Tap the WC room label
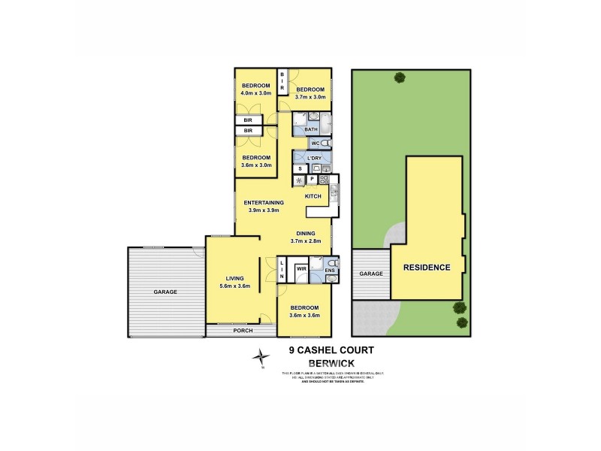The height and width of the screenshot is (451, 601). pos(316,143)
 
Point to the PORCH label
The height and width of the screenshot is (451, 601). pos(243,331)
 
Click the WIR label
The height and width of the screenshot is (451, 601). pos(301,268)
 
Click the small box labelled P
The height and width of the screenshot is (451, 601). pos(311,179)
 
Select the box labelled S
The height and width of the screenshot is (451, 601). pos(299,168)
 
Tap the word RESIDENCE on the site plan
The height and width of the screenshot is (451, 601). pos(427,267)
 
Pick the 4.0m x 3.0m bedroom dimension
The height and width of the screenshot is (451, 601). pos(256,92)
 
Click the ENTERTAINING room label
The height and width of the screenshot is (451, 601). pos(264,202)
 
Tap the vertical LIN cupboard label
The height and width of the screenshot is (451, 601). pos(282,271)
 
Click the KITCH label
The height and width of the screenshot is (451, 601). pos(313,196)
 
